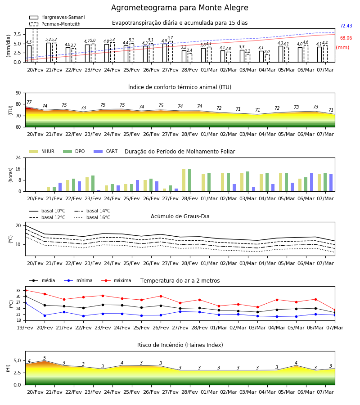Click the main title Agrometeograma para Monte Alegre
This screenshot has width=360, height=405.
coord(180,8)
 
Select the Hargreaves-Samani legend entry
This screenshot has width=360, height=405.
coord(57,17)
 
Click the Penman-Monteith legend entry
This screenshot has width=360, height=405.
coord(55,24)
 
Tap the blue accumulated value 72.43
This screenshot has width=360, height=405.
coord(346,26)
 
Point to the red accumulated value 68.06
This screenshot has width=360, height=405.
coord(346,38)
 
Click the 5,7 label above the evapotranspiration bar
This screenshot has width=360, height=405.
coord(170,38)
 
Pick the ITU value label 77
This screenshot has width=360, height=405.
coord(29,102)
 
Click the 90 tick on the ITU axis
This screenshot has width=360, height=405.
coord(18,93)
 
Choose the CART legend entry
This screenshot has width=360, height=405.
coord(106,151)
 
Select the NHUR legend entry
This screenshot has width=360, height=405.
coord(42,151)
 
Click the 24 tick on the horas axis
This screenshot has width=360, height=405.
coord(18,157)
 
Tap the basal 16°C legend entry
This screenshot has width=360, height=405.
coord(92,217)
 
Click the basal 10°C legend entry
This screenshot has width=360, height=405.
coord(47,211)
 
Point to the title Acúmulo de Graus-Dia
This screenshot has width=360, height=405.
coord(180,216)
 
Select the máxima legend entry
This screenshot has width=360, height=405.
coord(116,280)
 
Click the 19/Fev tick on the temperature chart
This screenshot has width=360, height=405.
coord(25,328)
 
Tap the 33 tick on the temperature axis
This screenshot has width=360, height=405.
coord(18,291)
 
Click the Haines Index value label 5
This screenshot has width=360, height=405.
coord(45,358)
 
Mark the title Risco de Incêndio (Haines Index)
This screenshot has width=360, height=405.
coord(180,345)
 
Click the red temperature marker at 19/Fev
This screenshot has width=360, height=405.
coord(26,291)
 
